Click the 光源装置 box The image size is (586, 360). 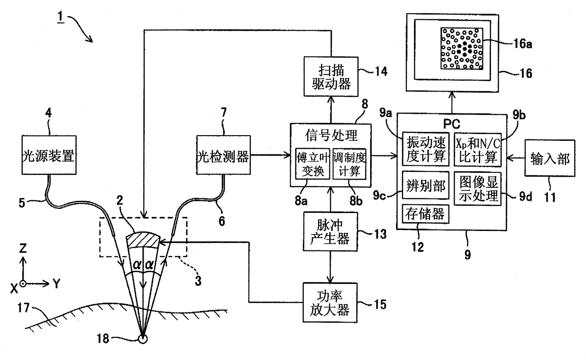[x=49, y=155]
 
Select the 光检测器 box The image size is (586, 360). [x=224, y=155]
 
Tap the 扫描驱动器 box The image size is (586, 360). [x=331, y=77]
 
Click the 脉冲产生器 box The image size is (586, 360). [x=330, y=231]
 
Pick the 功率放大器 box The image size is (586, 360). [x=330, y=302]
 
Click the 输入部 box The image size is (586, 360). [x=550, y=158]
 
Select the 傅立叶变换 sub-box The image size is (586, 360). [x=313, y=163]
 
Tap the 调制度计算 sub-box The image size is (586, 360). [x=350, y=163]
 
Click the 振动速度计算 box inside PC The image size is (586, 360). [x=426, y=149]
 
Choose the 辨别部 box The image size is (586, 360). [x=426, y=185]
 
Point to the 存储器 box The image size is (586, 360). [x=425, y=214]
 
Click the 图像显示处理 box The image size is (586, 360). [x=478, y=189]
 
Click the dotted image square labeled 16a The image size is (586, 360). [x=462, y=48]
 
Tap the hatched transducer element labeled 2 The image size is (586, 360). [x=143, y=240]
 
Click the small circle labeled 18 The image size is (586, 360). [x=143, y=339]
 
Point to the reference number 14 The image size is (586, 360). [x=381, y=71]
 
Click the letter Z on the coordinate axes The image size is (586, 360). [x=23, y=248]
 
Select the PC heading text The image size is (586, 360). [x=451, y=124]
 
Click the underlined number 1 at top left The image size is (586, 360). [x=60, y=17]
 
